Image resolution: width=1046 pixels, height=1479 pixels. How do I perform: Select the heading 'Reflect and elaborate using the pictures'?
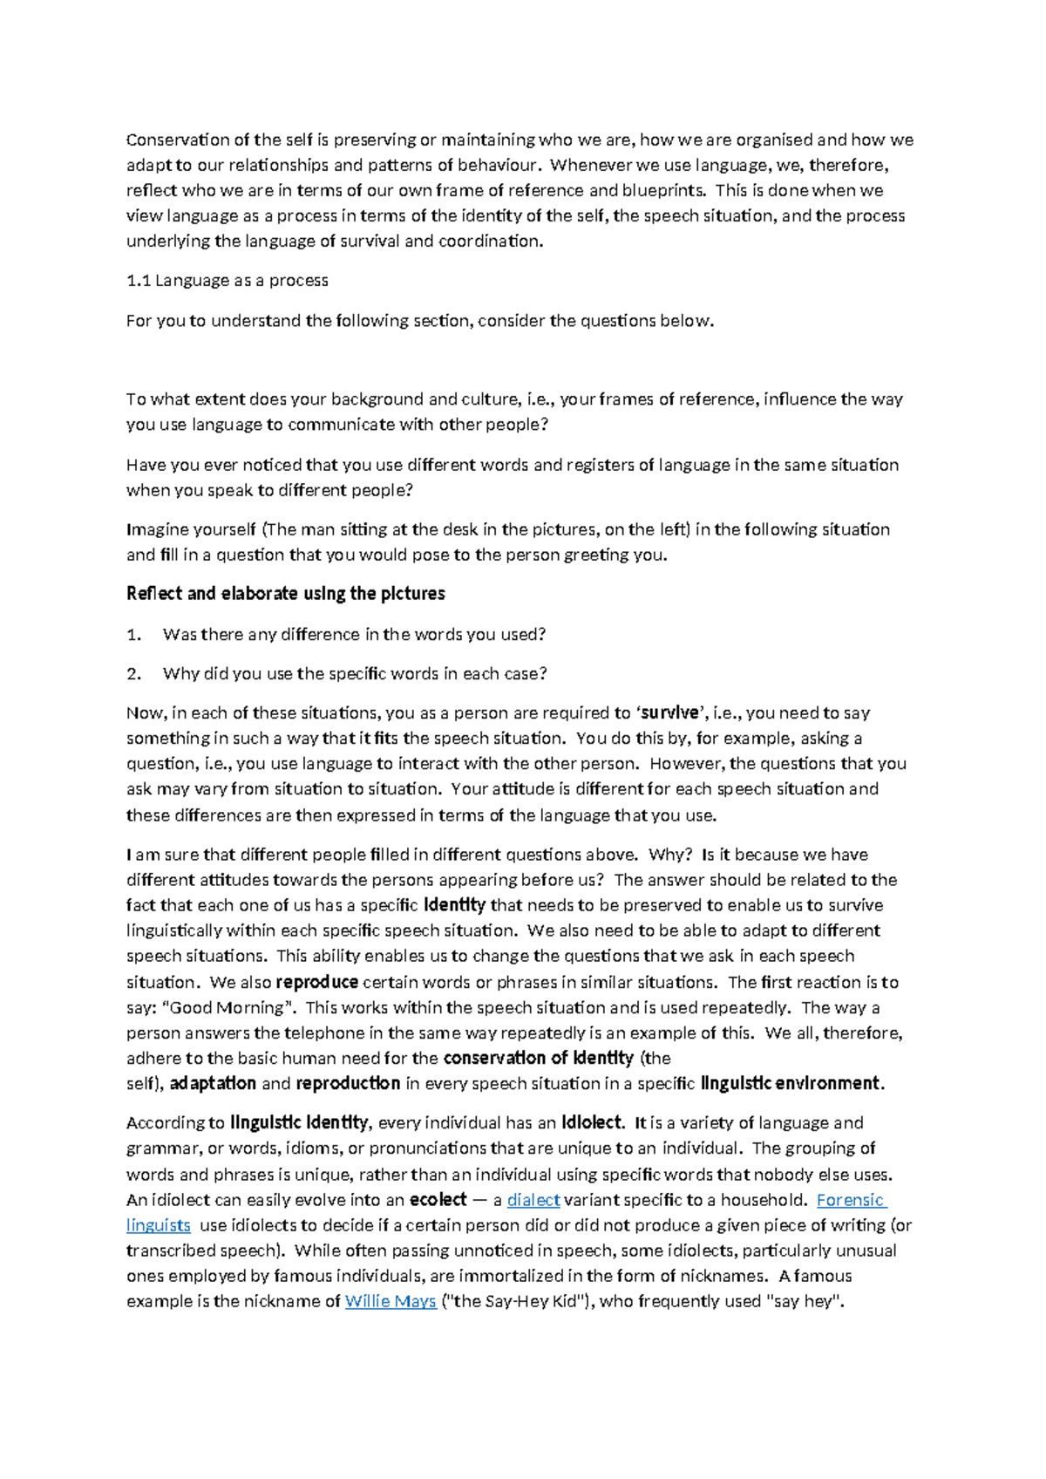(x=286, y=594)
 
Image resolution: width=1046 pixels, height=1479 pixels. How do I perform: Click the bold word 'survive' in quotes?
(x=669, y=713)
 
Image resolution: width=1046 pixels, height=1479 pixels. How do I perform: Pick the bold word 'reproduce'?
(x=317, y=982)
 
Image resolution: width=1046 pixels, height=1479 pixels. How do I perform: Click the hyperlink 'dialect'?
(x=533, y=1200)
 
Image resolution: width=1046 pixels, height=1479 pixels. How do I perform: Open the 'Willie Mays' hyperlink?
(x=391, y=1302)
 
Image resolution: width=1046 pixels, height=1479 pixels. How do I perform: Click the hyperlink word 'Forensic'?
(x=850, y=1200)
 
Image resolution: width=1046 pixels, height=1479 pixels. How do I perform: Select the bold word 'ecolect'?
(x=438, y=1200)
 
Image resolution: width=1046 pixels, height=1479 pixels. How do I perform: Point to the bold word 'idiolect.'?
(x=592, y=1123)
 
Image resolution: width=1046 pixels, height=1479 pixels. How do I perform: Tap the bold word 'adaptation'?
(x=213, y=1084)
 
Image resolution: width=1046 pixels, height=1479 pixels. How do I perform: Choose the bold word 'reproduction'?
(x=348, y=1084)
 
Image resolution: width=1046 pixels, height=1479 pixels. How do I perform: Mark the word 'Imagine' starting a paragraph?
(x=156, y=529)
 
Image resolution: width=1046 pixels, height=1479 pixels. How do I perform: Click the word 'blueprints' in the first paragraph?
(x=663, y=190)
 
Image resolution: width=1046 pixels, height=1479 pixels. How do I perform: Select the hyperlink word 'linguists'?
(x=158, y=1225)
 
